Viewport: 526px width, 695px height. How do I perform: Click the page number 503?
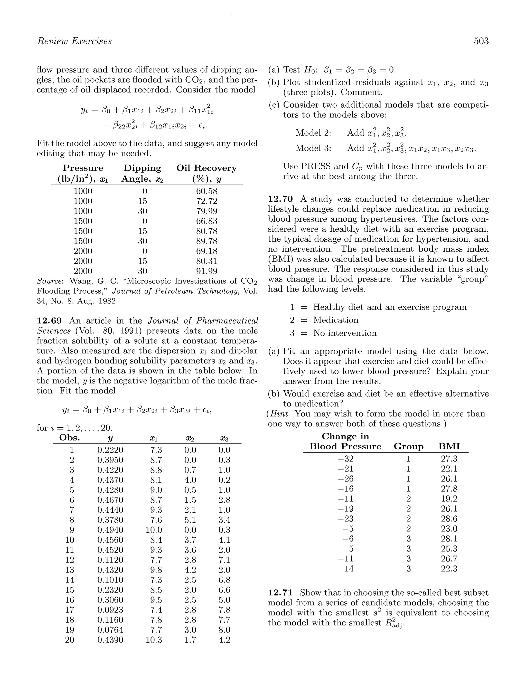(x=481, y=41)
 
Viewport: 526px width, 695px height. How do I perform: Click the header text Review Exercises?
(x=74, y=41)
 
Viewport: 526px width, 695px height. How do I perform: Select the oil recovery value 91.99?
(x=206, y=271)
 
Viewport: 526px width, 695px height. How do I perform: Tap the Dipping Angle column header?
(x=142, y=173)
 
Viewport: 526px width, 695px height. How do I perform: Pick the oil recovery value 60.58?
(x=206, y=191)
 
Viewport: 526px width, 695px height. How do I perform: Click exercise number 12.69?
(x=49, y=321)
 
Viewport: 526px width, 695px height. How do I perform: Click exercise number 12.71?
(x=280, y=593)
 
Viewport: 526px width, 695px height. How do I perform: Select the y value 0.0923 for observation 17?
(x=110, y=610)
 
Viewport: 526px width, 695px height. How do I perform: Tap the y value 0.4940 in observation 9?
(x=110, y=530)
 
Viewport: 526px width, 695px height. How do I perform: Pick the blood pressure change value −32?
(x=345, y=459)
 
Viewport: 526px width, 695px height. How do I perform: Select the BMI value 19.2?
(x=449, y=499)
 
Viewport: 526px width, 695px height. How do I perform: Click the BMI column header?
(x=449, y=446)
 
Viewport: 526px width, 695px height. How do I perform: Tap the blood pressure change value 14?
(x=349, y=569)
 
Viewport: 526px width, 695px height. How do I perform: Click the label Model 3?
(x=313, y=148)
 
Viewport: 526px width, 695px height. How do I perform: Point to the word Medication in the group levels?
(x=336, y=320)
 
